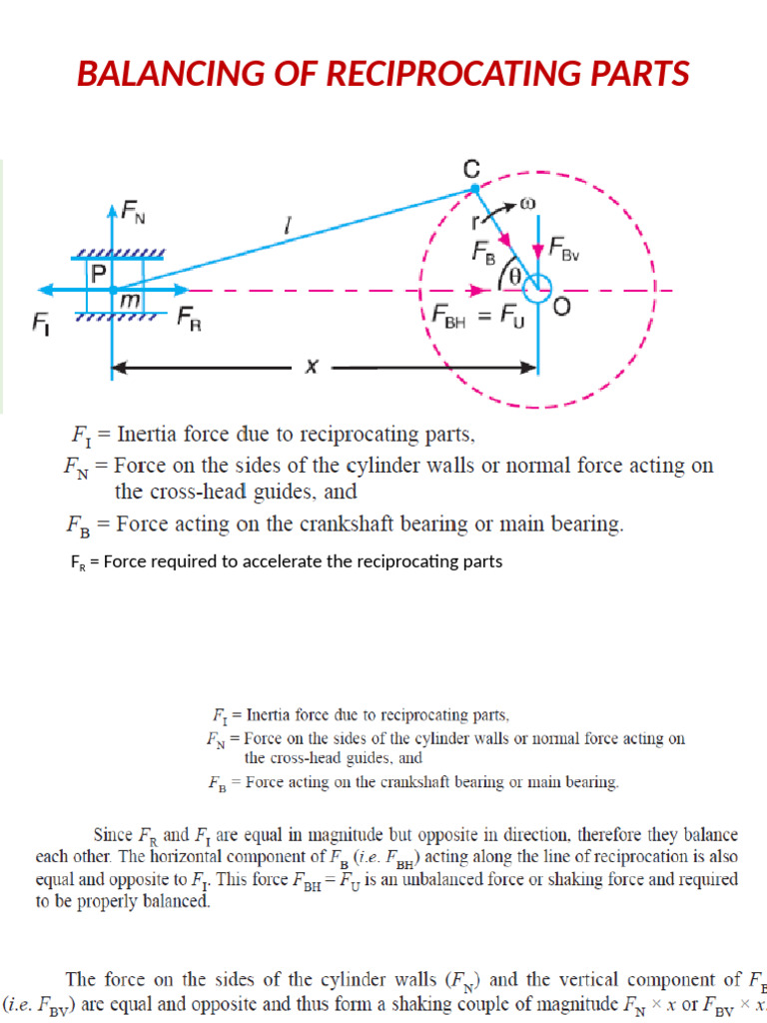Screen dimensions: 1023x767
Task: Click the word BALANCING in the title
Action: [x=171, y=74]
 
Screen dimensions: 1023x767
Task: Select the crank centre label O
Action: [x=562, y=307]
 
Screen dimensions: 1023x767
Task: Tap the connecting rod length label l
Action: [x=288, y=229]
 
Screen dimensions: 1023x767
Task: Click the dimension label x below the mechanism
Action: [x=311, y=367]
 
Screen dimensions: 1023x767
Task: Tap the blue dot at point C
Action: [x=474, y=187]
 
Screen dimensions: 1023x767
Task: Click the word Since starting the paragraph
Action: [x=113, y=833]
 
